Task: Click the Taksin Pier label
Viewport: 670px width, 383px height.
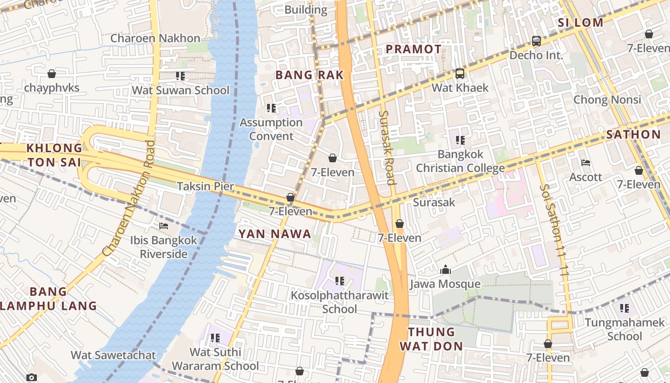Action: pos(205,186)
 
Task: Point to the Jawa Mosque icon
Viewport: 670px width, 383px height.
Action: pos(446,270)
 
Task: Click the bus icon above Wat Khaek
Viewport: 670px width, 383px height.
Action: pos(459,74)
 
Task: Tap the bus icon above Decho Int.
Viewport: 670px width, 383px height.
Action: pos(536,41)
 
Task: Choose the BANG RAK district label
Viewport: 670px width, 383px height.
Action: pos(310,75)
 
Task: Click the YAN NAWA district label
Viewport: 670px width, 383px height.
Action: pos(275,234)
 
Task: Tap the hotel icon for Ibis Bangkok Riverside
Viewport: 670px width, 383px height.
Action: pos(164,226)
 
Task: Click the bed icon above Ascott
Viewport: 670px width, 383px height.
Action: pos(586,163)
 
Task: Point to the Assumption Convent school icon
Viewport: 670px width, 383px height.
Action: pos(271,108)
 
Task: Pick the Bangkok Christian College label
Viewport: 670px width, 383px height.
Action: pos(460,161)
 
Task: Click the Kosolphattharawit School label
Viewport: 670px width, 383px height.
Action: pos(339,302)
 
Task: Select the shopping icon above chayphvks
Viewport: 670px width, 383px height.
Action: pos(52,74)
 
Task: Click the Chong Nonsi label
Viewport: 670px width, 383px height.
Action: pos(607,100)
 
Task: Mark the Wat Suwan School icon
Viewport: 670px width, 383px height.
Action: pos(180,76)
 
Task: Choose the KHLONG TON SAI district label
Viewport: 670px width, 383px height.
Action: pos(54,155)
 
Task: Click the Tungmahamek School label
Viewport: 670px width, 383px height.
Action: pos(625,329)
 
